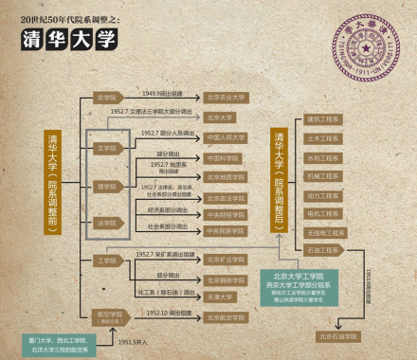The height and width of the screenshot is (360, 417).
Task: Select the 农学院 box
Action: [106, 97]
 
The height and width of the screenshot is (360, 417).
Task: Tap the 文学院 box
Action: [107, 148]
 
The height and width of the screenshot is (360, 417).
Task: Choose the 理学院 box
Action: [107, 187]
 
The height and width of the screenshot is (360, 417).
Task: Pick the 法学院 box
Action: [107, 224]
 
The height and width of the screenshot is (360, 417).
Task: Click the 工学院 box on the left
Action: [106, 260]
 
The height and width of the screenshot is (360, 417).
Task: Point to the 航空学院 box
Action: [107, 315]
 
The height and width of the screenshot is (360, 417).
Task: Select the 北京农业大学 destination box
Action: [227, 97]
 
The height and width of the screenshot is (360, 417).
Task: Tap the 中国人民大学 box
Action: [227, 137]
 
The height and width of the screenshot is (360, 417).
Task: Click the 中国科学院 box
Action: [227, 157]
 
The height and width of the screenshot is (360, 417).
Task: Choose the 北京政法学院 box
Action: [227, 198]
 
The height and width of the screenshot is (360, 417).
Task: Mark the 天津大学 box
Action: [227, 296]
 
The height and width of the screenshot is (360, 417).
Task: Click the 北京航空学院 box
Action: [227, 316]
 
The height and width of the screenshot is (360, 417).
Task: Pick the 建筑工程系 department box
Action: [323, 119]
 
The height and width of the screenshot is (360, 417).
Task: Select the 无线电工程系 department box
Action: [323, 232]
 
